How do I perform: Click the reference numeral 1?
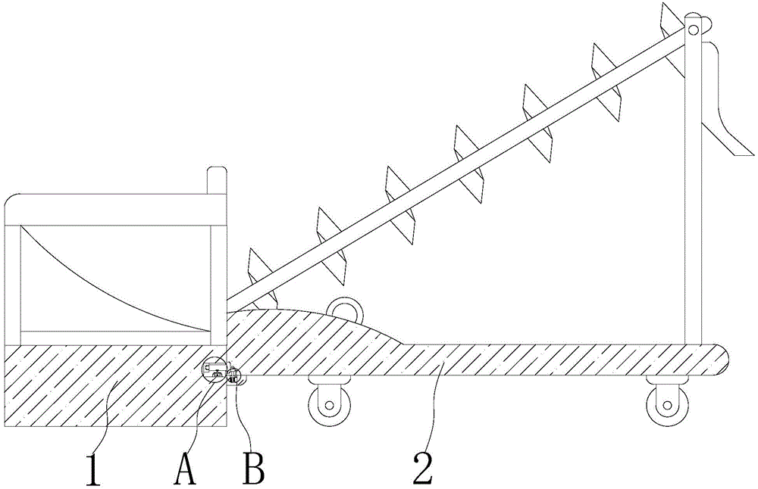[92, 469]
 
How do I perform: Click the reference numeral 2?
[422, 469]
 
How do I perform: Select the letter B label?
[253, 469]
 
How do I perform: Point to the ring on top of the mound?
[346, 307]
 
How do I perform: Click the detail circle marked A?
[214, 370]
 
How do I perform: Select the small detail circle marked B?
[234, 375]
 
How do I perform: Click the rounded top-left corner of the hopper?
[13, 201]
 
